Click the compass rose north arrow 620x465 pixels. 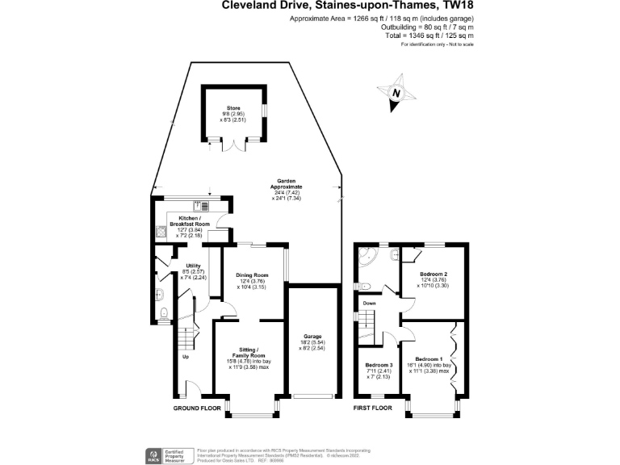pos(396,92)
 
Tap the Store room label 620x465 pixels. pos(233,108)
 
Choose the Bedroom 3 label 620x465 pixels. pos(379,366)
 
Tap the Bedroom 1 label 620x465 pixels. pos(429,358)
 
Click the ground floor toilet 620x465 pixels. pos(164,313)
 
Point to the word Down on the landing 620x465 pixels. pos(370,304)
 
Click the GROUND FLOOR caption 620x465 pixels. pos(198,408)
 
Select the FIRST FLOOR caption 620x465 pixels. pos(373,408)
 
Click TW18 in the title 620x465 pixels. pos(454,6)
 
